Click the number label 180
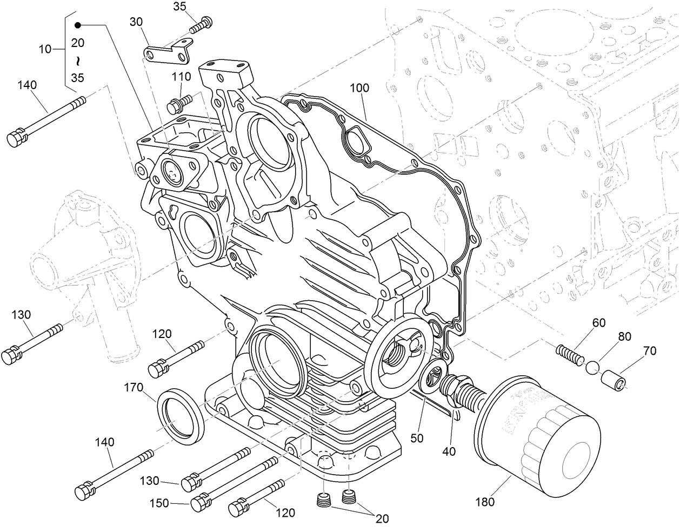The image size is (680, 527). (x=485, y=502)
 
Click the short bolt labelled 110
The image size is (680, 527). (x=179, y=103)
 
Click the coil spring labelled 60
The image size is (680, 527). (x=570, y=354)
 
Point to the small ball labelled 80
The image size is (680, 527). (x=593, y=368)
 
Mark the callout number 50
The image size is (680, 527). (x=416, y=437)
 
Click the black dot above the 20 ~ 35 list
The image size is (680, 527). (x=78, y=25)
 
